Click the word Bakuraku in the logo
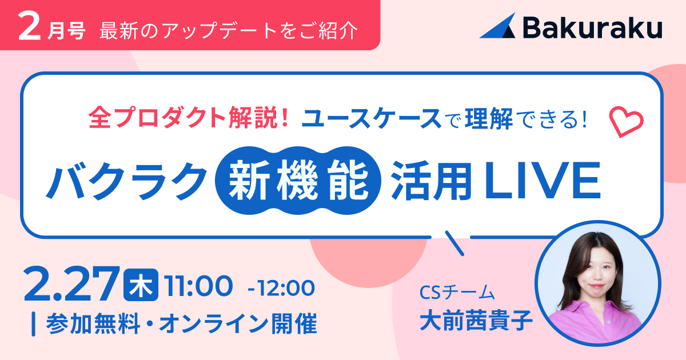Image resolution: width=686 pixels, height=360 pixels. point(593,27)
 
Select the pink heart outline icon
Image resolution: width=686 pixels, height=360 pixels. point(627,122)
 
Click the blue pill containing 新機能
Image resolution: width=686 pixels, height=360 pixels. point(298,181)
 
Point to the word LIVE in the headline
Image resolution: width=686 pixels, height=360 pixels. point(542,181)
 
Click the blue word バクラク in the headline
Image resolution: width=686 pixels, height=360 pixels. point(126,181)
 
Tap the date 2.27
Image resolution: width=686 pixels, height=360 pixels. point(72,285)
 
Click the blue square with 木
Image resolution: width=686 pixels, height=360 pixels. point(141,285)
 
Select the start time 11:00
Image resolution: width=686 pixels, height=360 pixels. point(198,286)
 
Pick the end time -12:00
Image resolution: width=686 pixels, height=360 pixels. point(281,287)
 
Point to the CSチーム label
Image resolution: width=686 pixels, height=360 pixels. point(457,292)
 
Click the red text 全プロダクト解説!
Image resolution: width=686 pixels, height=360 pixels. point(189,118)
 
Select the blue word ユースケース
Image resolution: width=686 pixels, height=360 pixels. point(371,118)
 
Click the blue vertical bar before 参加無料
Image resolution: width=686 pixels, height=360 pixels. point(34,324)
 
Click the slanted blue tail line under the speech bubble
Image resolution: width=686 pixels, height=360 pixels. point(454,243)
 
